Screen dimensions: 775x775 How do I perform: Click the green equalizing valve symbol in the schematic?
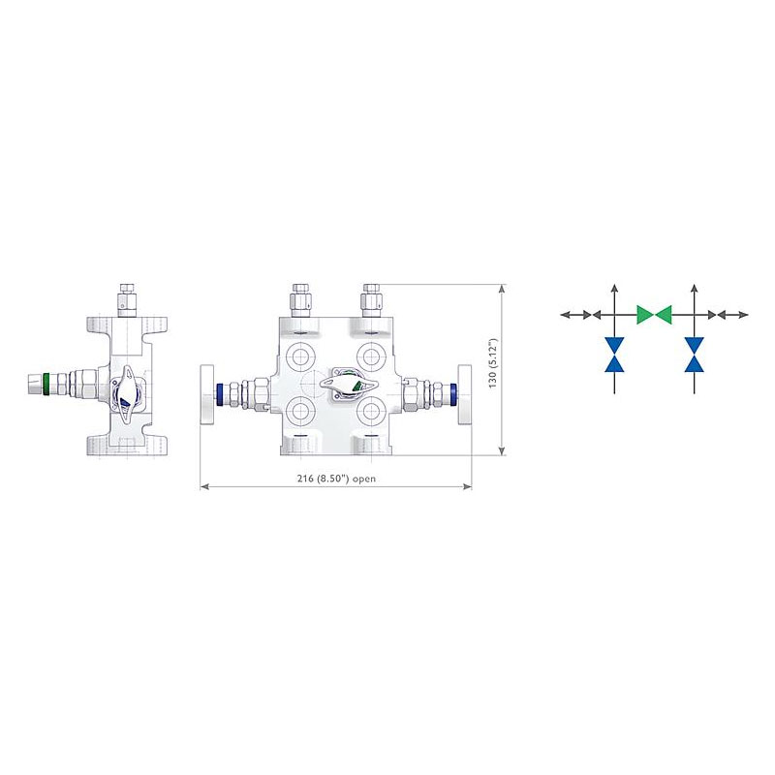pos(654,314)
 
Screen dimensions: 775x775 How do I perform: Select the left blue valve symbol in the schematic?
pos(614,355)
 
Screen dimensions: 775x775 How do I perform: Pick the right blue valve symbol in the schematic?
pos(695,355)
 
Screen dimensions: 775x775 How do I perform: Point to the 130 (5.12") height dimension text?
pos(493,363)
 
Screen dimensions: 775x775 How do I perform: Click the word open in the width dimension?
pos(364,479)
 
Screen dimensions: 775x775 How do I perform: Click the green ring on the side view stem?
pos(46,384)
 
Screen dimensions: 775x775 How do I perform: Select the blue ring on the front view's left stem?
pos(220,394)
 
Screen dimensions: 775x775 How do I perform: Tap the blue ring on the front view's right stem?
pos(452,394)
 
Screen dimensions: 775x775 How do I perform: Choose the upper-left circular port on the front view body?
pos(299,356)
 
